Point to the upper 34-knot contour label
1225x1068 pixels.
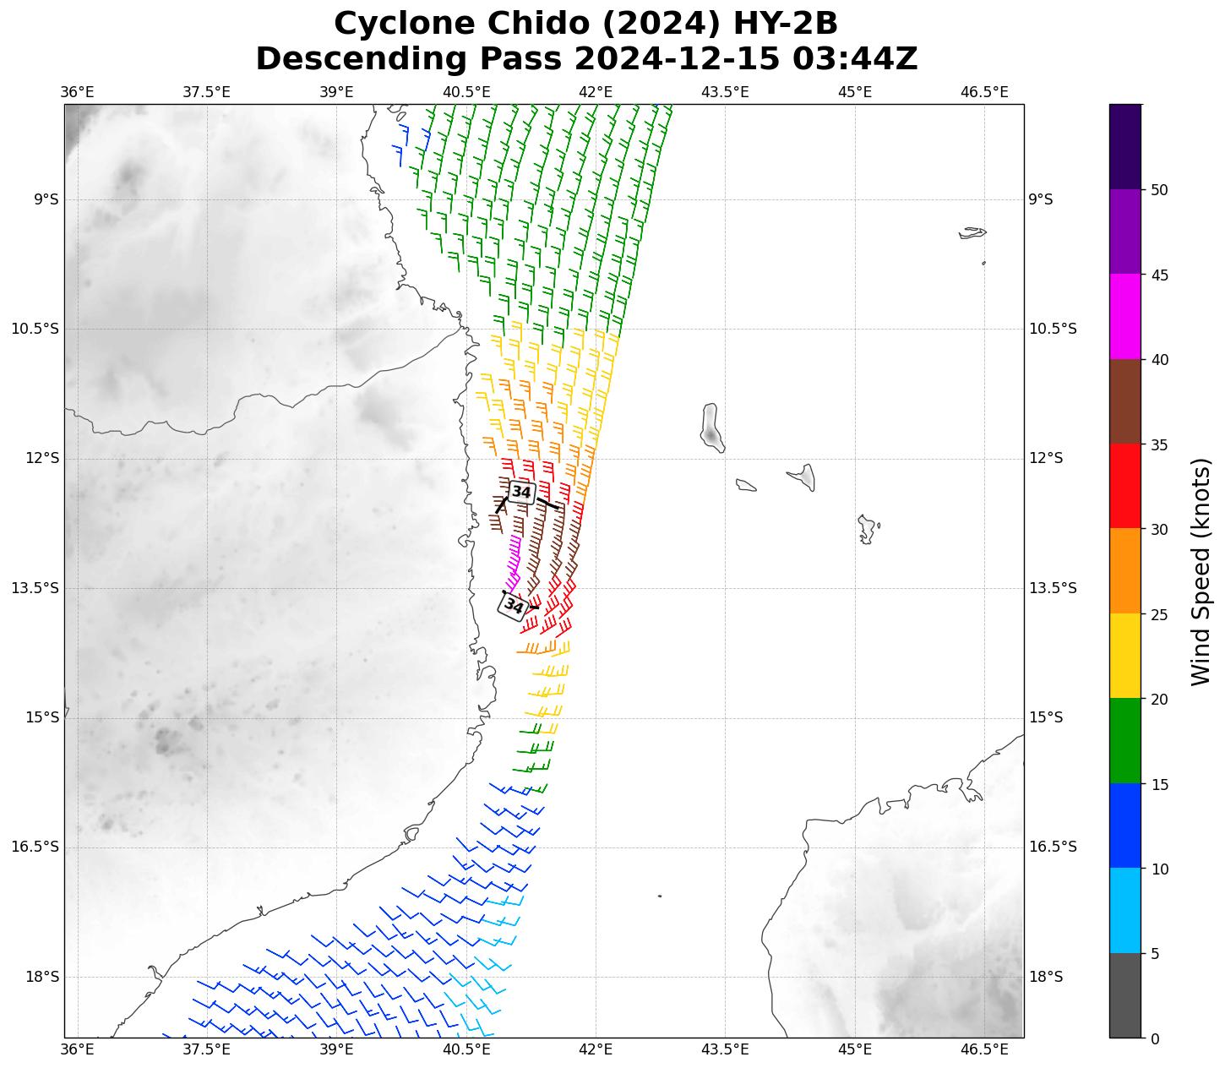tap(521, 492)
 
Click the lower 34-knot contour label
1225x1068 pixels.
tap(514, 605)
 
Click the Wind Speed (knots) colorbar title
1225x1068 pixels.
tap(1200, 572)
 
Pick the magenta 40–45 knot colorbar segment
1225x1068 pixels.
tap(1125, 317)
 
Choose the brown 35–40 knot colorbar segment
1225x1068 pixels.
tap(1125, 401)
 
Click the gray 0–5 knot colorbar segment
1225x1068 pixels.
tap(1125, 995)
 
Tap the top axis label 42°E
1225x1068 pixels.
tap(596, 92)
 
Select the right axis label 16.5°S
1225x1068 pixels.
tap(1053, 847)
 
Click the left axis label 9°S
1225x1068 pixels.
tap(46, 199)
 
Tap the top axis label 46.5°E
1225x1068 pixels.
tap(984, 92)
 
